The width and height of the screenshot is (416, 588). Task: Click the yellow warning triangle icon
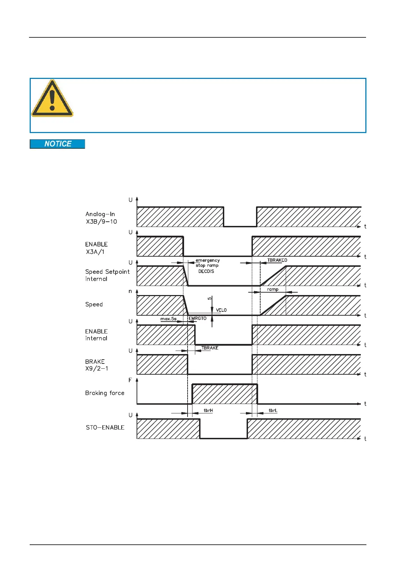click(x=52, y=99)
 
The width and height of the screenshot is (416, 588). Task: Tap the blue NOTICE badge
click(x=58, y=144)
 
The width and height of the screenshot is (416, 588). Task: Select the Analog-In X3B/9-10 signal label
click(x=101, y=218)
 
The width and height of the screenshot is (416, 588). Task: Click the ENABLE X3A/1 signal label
click(x=96, y=248)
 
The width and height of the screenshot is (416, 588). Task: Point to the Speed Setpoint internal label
click(x=107, y=275)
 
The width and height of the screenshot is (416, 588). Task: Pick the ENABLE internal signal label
click(x=96, y=335)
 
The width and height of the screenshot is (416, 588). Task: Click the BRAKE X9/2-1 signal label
click(x=96, y=365)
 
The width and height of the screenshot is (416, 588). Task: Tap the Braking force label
click(x=105, y=393)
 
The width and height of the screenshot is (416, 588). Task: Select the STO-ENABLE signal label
click(x=105, y=427)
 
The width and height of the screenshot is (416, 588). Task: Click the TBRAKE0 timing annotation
click(x=277, y=260)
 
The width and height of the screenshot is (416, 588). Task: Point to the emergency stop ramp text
click(x=207, y=263)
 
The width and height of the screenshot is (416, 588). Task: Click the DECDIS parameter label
click(x=206, y=271)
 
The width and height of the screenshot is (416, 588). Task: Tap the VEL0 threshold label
click(x=221, y=310)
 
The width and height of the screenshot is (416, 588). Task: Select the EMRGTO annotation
click(x=198, y=318)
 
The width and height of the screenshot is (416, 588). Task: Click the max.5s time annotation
click(x=168, y=319)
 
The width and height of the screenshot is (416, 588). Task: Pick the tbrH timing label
click(x=208, y=410)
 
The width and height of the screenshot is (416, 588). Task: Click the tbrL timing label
click(x=273, y=410)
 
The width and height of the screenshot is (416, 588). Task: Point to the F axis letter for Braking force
click(x=130, y=380)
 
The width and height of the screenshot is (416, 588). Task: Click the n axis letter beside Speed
click(x=130, y=291)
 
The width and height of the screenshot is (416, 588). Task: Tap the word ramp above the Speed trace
click(x=273, y=289)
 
